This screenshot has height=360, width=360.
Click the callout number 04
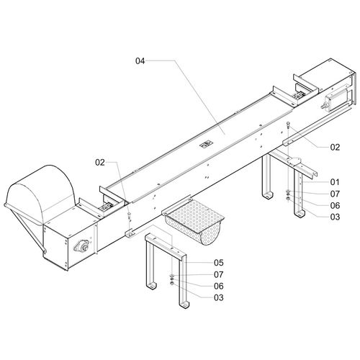(x=140, y=61)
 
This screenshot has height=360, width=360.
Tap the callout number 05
(x=219, y=263)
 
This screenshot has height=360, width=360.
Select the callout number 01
(x=335, y=182)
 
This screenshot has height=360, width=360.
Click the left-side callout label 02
(x=100, y=163)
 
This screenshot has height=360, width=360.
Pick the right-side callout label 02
(x=335, y=147)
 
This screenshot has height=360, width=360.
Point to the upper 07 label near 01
(x=335, y=194)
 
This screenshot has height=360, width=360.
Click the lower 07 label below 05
(x=219, y=274)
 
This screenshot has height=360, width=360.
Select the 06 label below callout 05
(x=219, y=286)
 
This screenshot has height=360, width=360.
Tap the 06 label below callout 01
(x=335, y=205)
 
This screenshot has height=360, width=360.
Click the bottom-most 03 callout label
(x=219, y=297)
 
